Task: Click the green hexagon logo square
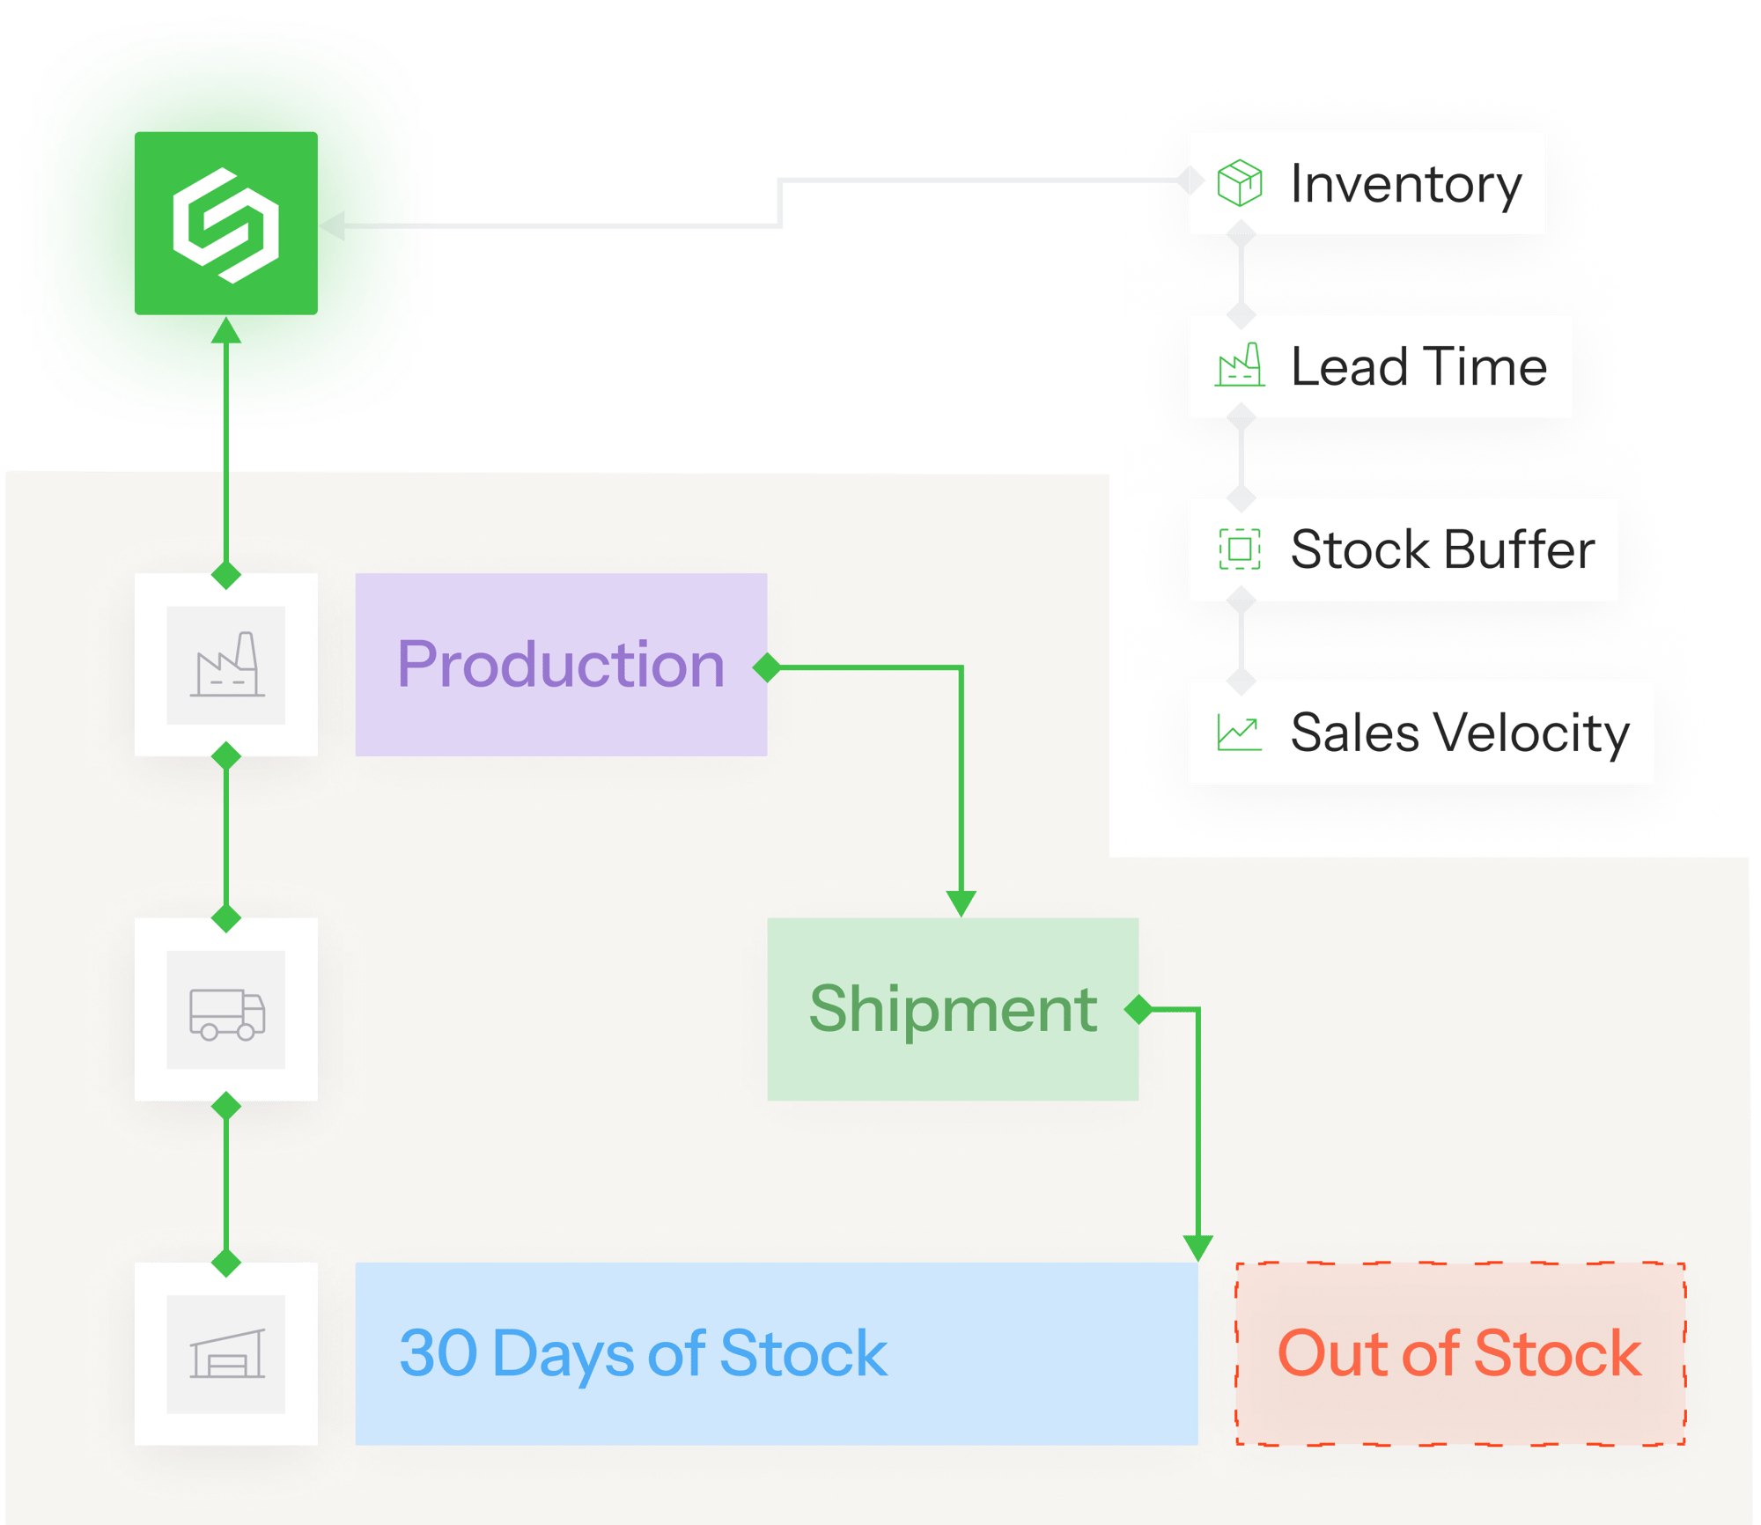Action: [226, 223]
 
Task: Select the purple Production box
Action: [561, 665]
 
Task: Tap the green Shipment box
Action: [953, 1009]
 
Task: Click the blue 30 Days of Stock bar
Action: [777, 1353]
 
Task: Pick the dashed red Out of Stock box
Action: [1461, 1353]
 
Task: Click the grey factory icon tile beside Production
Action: [226, 665]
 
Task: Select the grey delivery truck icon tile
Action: [226, 1010]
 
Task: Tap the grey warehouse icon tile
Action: [226, 1354]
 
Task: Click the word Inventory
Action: [1406, 185]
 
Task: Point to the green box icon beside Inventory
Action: [1240, 182]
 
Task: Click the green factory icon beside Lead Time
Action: [1240, 365]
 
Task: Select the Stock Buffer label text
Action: [1442, 549]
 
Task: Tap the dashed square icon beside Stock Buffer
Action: [1240, 549]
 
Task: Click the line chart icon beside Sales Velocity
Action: [1240, 732]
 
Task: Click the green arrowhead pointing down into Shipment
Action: [961, 903]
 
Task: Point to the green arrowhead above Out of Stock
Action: [1198, 1249]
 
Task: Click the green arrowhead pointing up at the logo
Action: [226, 330]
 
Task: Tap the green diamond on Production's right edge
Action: [768, 667]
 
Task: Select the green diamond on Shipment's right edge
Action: [1139, 1009]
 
